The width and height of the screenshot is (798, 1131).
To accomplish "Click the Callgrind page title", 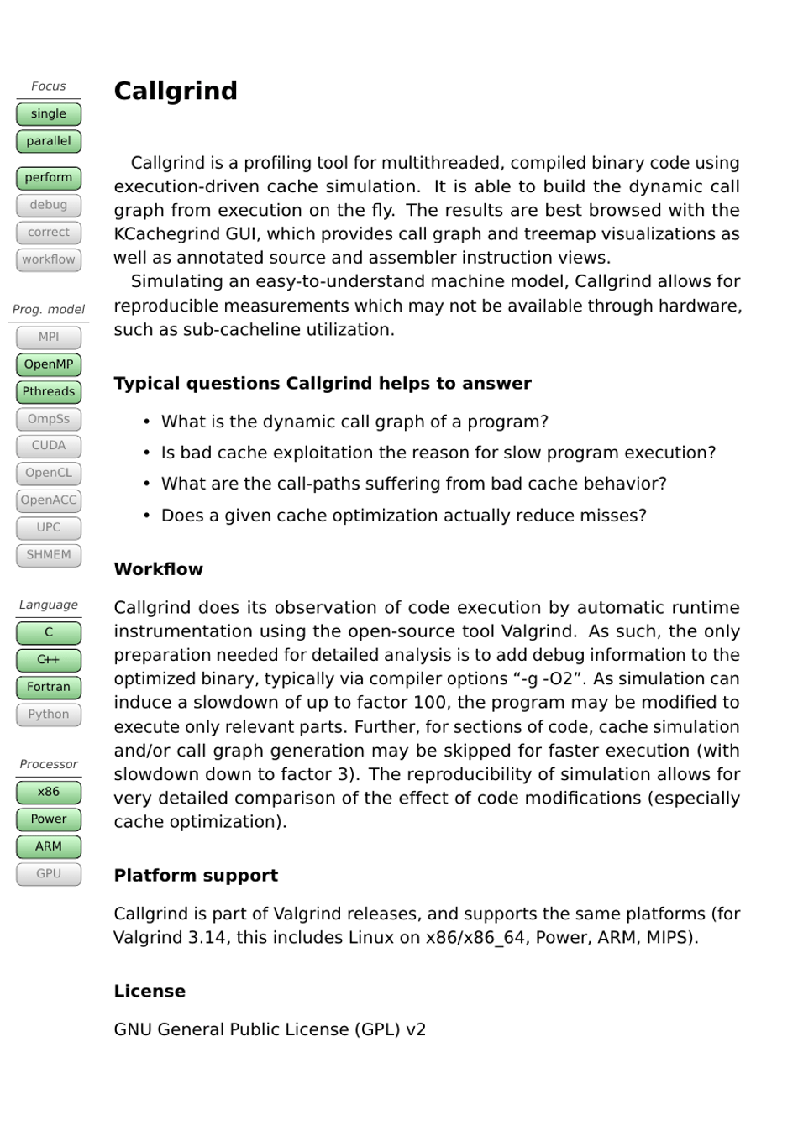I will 176,91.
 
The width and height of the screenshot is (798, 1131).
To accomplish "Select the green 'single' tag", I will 49,114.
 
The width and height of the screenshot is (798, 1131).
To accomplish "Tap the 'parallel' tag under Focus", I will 49,141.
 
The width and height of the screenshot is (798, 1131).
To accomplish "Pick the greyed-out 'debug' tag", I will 49,205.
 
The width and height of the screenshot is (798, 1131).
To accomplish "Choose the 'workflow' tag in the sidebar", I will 49,259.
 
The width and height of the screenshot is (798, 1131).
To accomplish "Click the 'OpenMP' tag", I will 49,364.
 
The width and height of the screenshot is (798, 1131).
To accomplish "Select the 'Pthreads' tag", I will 49,391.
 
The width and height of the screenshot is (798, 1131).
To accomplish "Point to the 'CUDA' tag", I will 49,446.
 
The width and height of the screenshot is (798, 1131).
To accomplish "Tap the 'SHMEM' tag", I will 49,555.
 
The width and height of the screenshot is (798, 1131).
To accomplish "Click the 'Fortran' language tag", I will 49,687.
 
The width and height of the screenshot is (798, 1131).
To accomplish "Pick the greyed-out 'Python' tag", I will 49,715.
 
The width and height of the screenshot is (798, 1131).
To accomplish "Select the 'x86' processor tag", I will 49,792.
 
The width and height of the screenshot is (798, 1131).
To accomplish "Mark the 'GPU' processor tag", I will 49,874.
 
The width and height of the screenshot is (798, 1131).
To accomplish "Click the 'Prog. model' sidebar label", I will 49,310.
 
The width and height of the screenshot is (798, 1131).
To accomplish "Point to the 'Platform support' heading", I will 196,876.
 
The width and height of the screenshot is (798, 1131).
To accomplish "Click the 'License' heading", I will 150,992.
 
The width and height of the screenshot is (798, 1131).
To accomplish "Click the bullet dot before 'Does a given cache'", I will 147,516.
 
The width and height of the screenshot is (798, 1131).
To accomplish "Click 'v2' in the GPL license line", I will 416,1030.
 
